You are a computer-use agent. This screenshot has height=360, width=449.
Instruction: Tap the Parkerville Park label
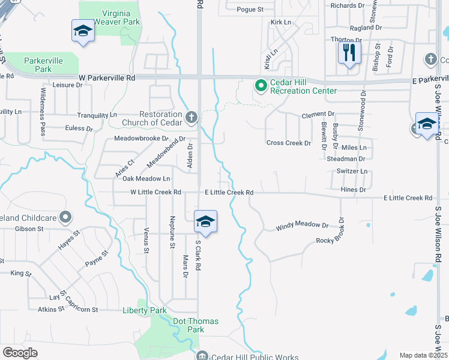click(43, 65)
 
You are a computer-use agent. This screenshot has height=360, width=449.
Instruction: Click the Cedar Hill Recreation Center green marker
click(261, 86)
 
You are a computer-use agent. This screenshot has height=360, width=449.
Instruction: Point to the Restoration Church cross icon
click(191, 118)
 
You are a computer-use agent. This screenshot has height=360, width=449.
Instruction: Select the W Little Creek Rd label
click(156, 193)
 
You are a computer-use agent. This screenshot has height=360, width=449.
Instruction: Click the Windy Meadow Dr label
click(302, 227)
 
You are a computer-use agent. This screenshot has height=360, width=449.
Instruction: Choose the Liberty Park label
click(144, 310)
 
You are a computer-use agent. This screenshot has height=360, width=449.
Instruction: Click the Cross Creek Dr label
click(289, 143)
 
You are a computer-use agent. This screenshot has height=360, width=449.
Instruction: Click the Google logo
click(20, 353)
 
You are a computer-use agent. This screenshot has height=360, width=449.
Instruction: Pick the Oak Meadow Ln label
click(146, 179)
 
